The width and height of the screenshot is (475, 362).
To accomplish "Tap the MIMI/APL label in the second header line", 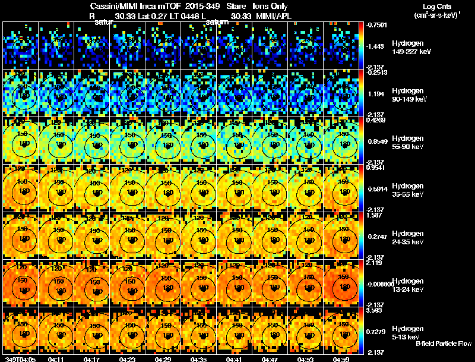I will click(x=271, y=15).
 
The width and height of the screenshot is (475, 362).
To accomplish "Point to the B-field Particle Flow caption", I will click(x=443, y=344).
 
